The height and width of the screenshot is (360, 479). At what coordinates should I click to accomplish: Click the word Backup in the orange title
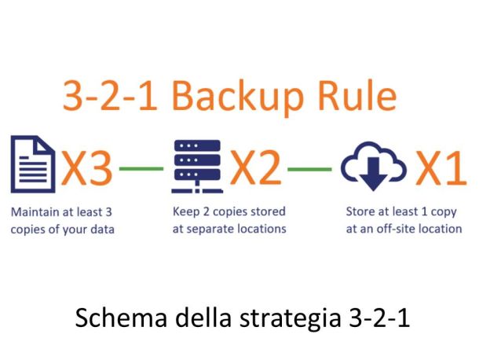click(x=238, y=97)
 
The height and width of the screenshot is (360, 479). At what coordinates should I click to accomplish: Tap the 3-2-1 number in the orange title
click(x=110, y=95)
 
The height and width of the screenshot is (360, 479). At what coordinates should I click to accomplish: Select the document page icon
click(x=33, y=164)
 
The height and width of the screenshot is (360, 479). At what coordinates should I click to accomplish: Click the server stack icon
click(x=197, y=167)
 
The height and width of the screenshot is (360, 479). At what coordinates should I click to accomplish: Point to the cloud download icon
click(x=374, y=167)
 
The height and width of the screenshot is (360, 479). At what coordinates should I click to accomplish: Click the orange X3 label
click(x=86, y=168)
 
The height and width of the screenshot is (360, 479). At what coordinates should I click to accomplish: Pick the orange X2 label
click(x=255, y=168)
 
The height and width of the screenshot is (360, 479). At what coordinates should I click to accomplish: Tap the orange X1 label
click(x=441, y=168)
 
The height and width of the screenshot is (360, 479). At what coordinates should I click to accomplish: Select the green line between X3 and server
click(x=141, y=168)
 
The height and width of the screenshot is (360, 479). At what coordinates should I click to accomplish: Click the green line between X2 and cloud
click(x=309, y=169)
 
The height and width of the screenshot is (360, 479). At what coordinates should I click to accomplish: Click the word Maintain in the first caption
click(x=35, y=212)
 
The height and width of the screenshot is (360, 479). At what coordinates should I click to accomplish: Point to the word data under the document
click(x=102, y=230)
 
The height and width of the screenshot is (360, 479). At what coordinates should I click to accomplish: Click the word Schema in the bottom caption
click(x=121, y=318)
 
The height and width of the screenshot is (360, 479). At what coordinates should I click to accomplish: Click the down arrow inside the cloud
click(x=373, y=174)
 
